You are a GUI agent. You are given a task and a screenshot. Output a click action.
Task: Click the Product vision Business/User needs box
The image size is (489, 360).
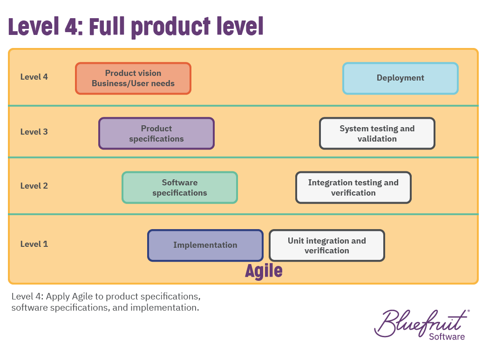tap(133, 78)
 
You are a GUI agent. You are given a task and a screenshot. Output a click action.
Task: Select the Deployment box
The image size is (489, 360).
tap(401, 78)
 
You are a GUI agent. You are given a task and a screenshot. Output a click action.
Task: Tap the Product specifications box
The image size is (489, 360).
tap(156, 134)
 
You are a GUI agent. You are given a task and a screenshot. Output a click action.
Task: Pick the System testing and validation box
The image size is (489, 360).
tap(377, 134)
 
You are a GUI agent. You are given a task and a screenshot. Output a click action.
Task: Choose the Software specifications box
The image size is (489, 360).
tap(180, 188)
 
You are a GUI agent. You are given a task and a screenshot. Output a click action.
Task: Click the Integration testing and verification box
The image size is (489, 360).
tap(353, 188)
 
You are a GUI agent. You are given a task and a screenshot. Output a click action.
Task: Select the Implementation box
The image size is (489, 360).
tap(205, 245)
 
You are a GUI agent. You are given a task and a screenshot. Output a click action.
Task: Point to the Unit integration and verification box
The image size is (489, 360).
tap(327, 245)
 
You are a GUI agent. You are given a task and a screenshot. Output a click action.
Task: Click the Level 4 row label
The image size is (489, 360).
tap(34, 77)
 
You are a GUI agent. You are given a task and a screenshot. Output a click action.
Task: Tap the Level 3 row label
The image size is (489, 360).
tap(34, 132)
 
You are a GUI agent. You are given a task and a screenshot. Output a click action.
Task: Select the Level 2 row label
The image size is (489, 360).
tap(34, 186)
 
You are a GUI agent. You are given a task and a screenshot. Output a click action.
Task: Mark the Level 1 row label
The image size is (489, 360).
tap(34, 244)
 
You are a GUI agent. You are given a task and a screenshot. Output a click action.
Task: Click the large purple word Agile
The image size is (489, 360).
tap(264, 271)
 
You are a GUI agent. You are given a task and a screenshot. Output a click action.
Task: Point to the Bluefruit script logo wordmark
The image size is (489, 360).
tap(421, 323)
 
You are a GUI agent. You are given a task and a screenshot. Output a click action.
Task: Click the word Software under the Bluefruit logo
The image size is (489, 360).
tap(447, 337)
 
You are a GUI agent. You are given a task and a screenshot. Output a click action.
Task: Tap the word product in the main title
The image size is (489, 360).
tap(171, 27)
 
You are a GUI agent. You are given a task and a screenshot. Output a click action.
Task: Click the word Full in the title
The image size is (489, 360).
tap(107, 26)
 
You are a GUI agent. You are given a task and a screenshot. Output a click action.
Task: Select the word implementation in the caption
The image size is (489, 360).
tap(164, 308)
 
